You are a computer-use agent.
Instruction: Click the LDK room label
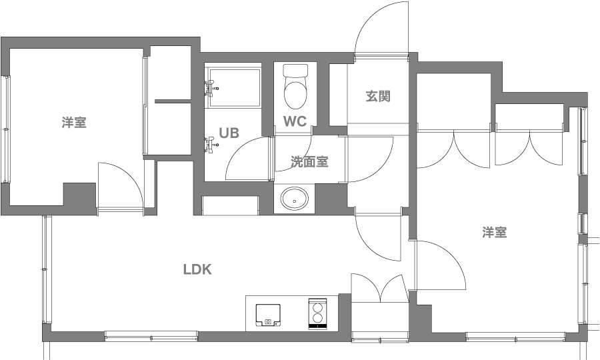point(197,269)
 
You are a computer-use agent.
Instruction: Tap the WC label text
point(295,121)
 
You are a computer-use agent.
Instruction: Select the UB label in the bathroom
point(229,133)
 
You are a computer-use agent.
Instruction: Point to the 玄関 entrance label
point(378,96)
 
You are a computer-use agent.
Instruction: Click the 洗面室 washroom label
point(309,162)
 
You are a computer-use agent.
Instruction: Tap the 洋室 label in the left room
point(74,123)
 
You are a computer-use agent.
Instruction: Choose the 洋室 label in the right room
point(495,232)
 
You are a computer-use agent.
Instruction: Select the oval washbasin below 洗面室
point(294,199)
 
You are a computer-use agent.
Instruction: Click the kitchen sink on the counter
point(268,315)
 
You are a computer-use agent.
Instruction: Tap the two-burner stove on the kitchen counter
point(318,313)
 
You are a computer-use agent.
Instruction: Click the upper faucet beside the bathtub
point(211,89)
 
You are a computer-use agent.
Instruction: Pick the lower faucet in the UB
point(211,145)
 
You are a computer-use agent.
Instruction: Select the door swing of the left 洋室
point(121,186)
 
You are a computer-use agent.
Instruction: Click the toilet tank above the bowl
point(295,71)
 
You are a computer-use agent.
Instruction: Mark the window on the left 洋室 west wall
point(6,129)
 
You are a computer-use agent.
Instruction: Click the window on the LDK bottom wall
point(151,337)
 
